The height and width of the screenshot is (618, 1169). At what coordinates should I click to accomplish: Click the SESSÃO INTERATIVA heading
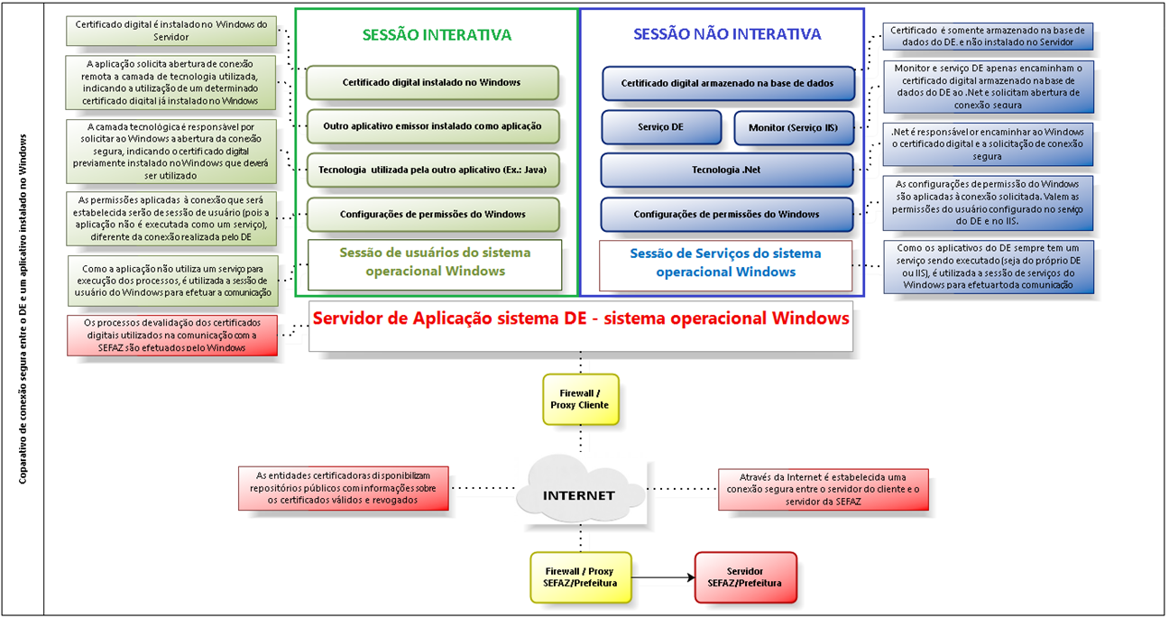click(437, 35)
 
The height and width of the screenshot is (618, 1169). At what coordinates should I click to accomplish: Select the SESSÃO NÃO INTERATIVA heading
click(727, 34)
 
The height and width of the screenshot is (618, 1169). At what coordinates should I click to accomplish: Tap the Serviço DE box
click(660, 127)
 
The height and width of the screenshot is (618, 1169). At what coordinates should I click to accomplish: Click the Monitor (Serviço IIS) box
click(793, 127)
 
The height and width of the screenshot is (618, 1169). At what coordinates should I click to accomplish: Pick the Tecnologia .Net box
click(726, 170)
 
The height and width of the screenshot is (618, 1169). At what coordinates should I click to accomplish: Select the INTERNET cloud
click(578, 494)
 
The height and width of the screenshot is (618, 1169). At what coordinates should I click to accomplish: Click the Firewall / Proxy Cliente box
click(580, 399)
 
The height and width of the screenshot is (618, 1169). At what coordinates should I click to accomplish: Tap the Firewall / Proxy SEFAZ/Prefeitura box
click(579, 577)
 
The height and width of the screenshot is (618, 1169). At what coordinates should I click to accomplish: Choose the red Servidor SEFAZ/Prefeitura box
click(745, 577)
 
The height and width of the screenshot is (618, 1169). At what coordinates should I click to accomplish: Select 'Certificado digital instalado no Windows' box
click(431, 82)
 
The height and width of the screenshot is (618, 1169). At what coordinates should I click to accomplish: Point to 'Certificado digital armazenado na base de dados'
click(727, 83)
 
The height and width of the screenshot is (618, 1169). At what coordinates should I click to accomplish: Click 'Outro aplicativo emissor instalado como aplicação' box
click(432, 126)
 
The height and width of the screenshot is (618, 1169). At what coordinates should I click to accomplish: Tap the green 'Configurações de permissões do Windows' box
click(432, 214)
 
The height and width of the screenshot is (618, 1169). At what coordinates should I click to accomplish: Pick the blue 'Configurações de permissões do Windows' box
click(726, 214)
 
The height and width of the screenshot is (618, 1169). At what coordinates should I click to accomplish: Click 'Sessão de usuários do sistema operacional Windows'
click(435, 263)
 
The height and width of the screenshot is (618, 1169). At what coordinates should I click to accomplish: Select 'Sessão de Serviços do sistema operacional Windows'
click(725, 263)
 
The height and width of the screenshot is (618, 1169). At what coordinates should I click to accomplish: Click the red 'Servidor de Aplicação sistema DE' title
click(580, 318)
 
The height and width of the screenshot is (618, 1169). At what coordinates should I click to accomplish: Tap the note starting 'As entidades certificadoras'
click(343, 488)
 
